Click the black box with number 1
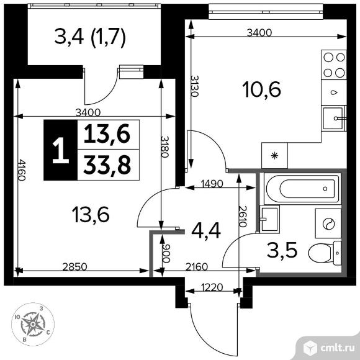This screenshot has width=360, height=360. tap(60, 151)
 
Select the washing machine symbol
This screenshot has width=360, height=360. tap(327, 224)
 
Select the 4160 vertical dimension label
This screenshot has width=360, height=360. tap(22, 176)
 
